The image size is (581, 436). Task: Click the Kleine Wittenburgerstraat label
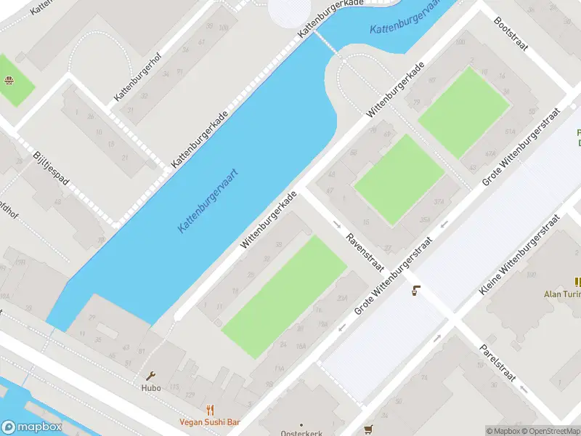[x=520, y=254]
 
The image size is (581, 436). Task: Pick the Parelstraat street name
[x=497, y=361]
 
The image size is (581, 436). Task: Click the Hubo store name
[x=150, y=387]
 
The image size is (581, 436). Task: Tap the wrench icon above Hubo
[x=150, y=376]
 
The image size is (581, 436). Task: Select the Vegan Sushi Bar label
[x=210, y=422]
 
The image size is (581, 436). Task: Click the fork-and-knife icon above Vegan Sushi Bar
[x=210, y=410]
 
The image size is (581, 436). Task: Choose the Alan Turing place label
[x=562, y=294]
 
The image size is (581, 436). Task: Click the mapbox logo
[x=31, y=427]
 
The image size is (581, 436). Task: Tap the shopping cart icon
[x=368, y=429]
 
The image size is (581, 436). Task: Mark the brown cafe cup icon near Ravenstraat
[x=415, y=291]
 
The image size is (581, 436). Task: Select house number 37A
[x=438, y=201]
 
